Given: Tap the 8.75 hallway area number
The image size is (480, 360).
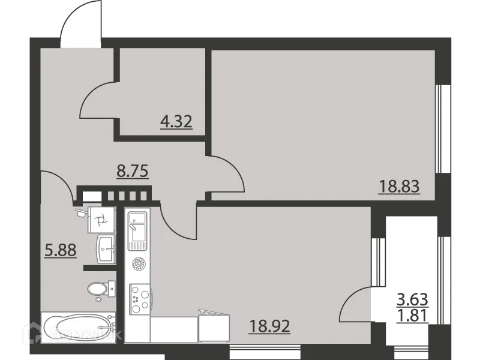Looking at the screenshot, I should click(132, 170).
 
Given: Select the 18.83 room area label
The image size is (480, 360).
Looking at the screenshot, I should click(398, 187).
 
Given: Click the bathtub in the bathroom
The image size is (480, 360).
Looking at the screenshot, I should click(79, 328).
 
